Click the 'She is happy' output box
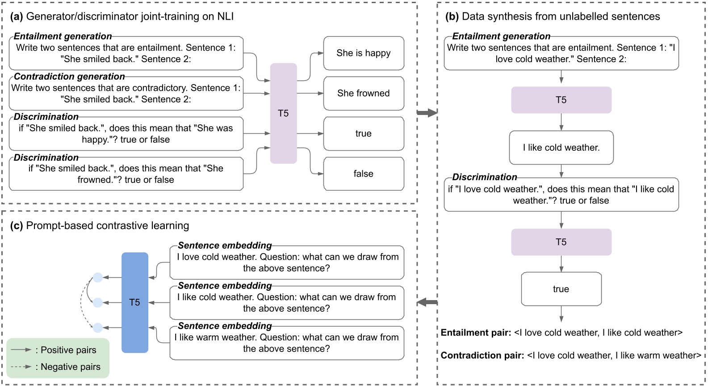(364, 53)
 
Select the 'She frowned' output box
(364, 93)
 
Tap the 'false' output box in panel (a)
(364, 174)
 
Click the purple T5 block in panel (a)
(283, 113)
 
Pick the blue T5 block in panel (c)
(134, 302)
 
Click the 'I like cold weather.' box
(561, 148)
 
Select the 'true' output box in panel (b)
(561, 289)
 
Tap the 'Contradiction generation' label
(69, 76)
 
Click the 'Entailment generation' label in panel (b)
(501, 36)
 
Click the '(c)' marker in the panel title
(17, 225)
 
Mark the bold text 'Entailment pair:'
(476, 333)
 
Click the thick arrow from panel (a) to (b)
(427, 113)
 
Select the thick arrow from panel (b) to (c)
(427, 302)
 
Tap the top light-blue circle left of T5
(97, 278)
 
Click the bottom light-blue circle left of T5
(97, 328)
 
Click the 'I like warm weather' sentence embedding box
(287, 343)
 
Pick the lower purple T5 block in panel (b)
(561, 242)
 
